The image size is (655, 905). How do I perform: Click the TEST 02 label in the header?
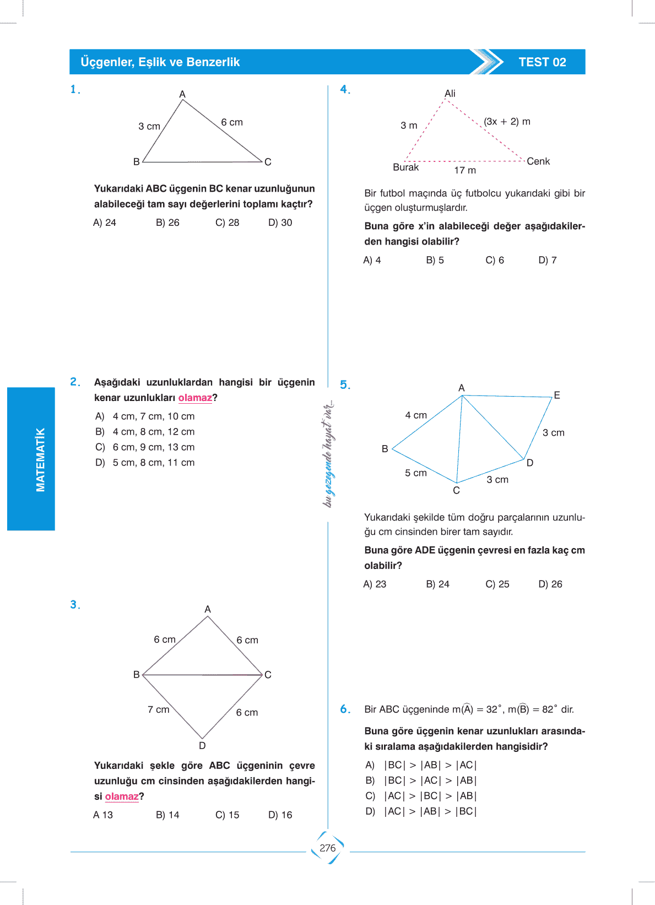tap(542, 62)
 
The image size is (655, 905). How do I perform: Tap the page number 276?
tap(327, 848)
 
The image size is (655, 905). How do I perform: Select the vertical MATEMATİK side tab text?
tap(40, 459)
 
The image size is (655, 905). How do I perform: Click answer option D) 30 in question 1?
tap(280, 223)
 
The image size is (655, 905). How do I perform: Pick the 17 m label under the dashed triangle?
tap(465, 170)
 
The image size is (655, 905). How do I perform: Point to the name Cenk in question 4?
tap(538, 161)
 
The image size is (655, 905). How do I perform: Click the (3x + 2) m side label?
tap(507, 121)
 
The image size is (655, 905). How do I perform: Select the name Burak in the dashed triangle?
tap(405, 167)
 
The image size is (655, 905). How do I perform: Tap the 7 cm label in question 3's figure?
tap(158, 709)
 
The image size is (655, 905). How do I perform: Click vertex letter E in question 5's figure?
tap(557, 395)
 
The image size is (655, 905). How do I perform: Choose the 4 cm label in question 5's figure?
tap(416, 415)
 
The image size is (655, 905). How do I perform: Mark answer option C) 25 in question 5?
tap(497, 584)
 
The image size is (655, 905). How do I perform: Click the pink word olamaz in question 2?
tap(195, 398)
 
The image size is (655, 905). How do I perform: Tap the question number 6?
tap(345, 709)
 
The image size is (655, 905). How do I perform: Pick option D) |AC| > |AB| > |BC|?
tap(421, 811)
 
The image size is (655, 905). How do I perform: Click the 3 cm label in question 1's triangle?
tap(149, 126)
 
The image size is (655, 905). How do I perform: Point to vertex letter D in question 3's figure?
tap(202, 745)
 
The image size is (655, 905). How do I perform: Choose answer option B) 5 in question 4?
tap(435, 260)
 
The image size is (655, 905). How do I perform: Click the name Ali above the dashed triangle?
tap(450, 94)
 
